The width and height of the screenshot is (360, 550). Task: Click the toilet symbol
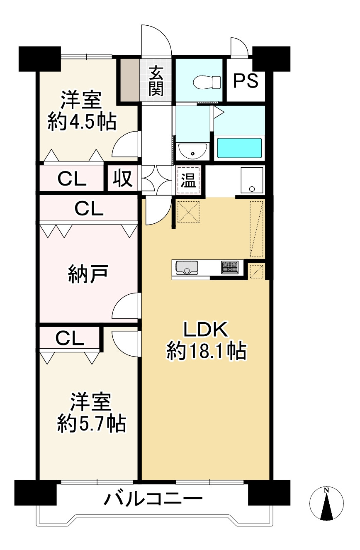coord(207,82)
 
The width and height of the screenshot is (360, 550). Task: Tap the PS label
coord(246,81)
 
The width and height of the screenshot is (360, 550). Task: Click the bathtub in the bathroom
coord(239,148)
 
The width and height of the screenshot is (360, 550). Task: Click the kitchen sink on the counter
coord(187,268)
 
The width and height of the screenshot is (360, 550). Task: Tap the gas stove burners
coord(230,267)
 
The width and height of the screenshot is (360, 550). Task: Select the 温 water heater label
coord(188,181)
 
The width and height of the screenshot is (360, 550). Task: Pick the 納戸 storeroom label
coord(88,274)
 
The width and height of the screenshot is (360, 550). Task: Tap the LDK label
coord(206,330)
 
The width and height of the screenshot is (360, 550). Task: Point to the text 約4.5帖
coord(82,122)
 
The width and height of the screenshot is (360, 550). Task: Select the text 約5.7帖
coord(92,423)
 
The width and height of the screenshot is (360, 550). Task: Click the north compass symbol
coord(326,503)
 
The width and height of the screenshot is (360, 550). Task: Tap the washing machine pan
coord(252,180)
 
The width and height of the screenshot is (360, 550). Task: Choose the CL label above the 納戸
coord(89,208)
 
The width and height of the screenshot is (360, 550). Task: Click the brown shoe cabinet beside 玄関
coord(130,80)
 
